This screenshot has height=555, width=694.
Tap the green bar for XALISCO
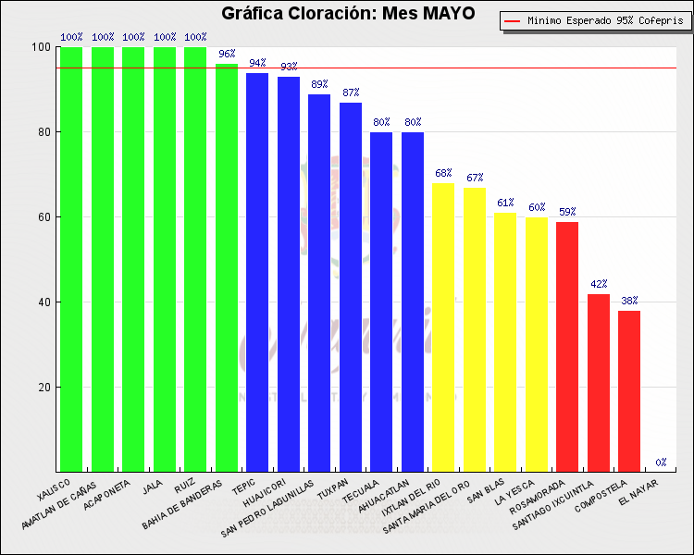[x=71, y=259]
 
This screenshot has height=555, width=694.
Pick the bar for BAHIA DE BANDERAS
[x=227, y=268]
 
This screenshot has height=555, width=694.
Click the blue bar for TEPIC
[x=257, y=273]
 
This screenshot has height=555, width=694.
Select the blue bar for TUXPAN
[x=351, y=287]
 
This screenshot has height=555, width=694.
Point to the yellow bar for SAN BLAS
[x=505, y=342]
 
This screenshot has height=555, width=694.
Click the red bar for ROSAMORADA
[x=567, y=347]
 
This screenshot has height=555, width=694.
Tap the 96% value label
[x=227, y=54]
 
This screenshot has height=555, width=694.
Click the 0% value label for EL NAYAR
[x=661, y=462]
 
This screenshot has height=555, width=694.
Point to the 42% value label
[x=599, y=284]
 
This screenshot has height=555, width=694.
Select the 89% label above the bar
[x=319, y=84]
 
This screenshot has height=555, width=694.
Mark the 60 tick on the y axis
[x=43, y=217]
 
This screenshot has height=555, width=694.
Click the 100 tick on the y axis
[x=40, y=47]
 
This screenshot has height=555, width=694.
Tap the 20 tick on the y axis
[x=43, y=388]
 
